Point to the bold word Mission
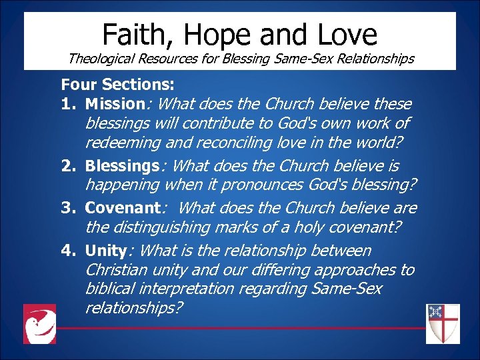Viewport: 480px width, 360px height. (115, 104)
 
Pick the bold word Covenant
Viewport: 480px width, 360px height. (121, 208)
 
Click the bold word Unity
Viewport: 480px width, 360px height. (106, 251)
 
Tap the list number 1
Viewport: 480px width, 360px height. (67, 104)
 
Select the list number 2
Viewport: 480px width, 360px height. (67, 165)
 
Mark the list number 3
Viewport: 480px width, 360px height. (67, 208)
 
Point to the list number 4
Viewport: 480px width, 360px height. (67, 251)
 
